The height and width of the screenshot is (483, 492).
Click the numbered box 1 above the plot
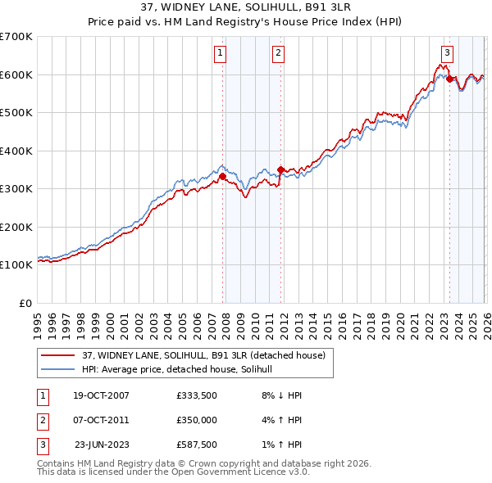[x=221, y=53]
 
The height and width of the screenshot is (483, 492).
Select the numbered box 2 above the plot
[x=279, y=53]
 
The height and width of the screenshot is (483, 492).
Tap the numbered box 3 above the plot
[x=447, y=53]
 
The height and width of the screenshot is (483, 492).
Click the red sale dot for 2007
[x=222, y=176]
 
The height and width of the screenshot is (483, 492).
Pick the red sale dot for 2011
[x=280, y=170]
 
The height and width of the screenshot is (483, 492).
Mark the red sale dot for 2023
[x=449, y=79]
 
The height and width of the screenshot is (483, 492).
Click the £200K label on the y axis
[x=17, y=227]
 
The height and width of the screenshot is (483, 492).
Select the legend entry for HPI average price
[x=181, y=369]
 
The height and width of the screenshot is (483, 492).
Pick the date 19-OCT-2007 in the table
[x=102, y=395]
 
